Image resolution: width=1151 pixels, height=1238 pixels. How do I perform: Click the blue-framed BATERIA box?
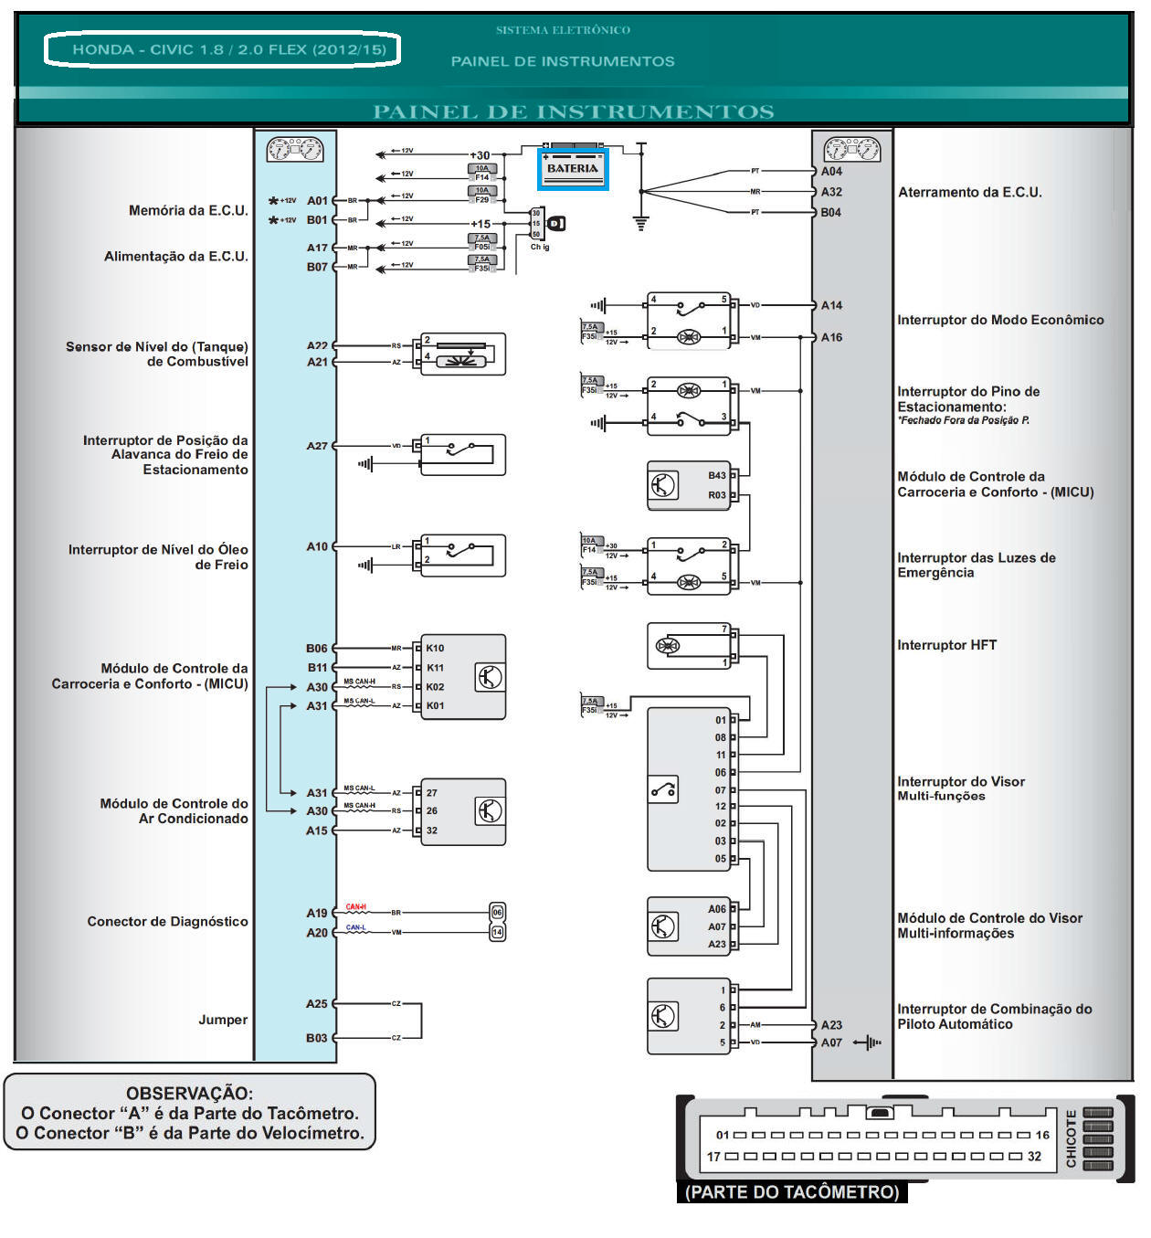click(x=573, y=169)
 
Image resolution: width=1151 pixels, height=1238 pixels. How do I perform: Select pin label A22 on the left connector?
click(x=317, y=345)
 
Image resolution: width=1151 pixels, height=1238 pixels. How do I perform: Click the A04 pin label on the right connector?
click(x=831, y=171)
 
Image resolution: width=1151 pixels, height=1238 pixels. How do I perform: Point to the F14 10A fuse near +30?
click(x=482, y=173)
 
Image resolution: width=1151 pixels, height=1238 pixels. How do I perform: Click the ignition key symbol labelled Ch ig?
click(x=555, y=223)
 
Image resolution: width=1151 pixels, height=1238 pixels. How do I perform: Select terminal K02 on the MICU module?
click(x=435, y=686)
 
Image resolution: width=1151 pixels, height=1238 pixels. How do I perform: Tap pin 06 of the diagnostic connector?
click(x=497, y=912)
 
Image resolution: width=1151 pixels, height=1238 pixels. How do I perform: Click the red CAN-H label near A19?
click(x=355, y=907)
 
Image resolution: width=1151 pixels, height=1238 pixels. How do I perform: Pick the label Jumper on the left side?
click(x=223, y=1020)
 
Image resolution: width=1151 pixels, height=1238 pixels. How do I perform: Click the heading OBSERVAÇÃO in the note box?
click(x=189, y=1093)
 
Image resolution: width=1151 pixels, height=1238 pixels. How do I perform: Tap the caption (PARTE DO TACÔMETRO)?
click(x=792, y=1191)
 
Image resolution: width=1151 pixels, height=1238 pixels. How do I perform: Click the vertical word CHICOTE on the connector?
click(x=1071, y=1137)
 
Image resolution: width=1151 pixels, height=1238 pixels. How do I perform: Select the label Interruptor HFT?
click(x=946, y=645)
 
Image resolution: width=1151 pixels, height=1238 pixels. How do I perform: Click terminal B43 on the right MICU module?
click(x=716, y=475)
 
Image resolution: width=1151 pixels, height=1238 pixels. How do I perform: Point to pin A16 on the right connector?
click(x=831, y=337)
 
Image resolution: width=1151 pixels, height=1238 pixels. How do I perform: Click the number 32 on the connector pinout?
click(x=1034, y=1156)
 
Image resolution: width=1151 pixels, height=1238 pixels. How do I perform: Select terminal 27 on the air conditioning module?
click(x=431, y=793)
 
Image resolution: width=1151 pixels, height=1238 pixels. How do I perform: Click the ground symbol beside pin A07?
click(x=869, y=1042)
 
